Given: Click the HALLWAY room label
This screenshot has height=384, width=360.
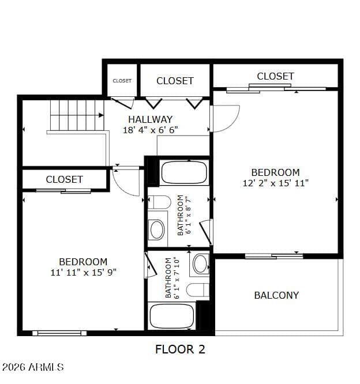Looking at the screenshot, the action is click(150, 119).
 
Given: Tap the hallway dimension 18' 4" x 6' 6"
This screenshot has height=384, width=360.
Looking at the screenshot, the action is click(150, 130).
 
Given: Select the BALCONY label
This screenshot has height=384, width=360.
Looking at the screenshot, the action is click(276, 295).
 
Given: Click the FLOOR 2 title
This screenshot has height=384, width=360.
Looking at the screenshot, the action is click(180, 349).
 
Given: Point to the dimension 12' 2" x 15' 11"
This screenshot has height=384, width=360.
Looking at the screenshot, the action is click(275, 183).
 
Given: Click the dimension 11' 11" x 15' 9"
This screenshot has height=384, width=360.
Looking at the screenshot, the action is click(83, 272).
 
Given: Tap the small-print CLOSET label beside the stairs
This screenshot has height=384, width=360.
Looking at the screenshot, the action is click(122, 81).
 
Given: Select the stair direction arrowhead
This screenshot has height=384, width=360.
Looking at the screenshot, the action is click(101, 115).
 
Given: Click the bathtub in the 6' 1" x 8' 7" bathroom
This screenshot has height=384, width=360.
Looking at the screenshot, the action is click(184, 172).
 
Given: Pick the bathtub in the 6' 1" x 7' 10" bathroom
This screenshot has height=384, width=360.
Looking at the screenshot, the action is click(172, 315).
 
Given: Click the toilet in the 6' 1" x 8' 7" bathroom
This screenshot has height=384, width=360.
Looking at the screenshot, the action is click(160, 202).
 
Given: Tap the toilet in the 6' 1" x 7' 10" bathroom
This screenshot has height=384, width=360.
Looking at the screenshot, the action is click(198, 290).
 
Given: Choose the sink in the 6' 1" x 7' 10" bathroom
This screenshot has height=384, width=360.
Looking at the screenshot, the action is click(200, 264).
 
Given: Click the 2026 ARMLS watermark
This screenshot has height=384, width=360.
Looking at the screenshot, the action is click(32, 367).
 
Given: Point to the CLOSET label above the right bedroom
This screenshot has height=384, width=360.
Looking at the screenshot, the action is click(275, 76).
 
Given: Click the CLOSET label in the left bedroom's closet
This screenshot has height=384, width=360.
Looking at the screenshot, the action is click(64, 179).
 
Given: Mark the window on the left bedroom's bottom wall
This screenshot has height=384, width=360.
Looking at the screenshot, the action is click(59, 333).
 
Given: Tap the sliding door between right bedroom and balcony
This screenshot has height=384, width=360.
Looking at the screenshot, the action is click(274, 257).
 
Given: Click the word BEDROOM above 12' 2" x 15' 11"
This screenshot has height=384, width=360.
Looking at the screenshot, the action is click(275, 172).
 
